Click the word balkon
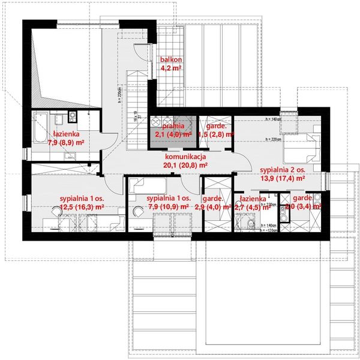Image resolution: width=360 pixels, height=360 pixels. pyautogui.click(x=170, y=60)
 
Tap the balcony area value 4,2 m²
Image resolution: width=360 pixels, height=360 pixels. pyautogui.click(x=170, y=68)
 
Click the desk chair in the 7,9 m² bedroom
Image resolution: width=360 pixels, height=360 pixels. pyautogui.click(x=139, y=211)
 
